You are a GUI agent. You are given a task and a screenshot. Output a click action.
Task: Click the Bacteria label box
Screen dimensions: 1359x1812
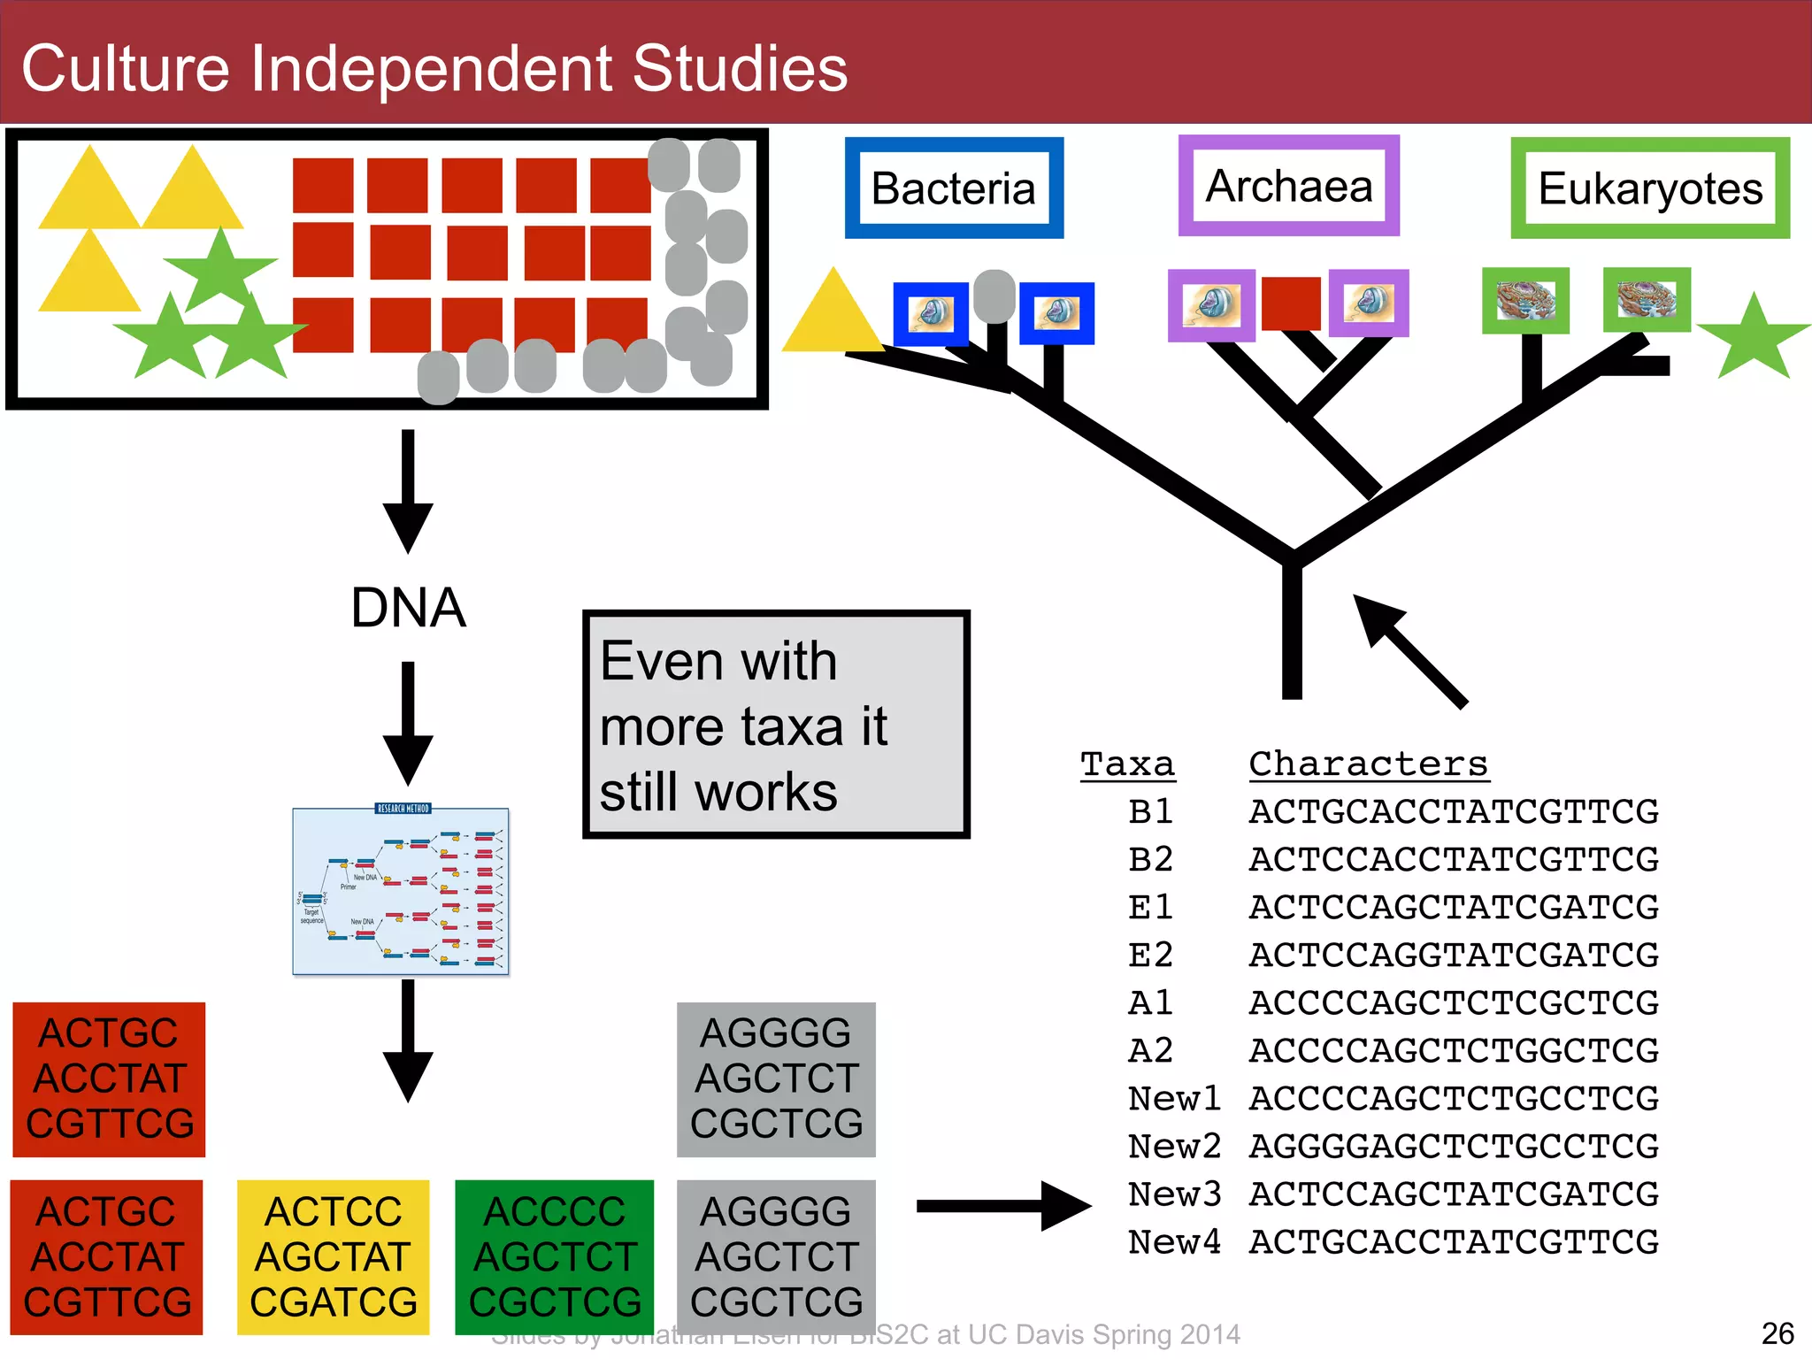point(954,188)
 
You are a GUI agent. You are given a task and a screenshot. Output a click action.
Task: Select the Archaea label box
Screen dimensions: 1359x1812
point(1288,186)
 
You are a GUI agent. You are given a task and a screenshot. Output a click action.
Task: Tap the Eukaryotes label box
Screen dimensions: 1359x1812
point(1649,188)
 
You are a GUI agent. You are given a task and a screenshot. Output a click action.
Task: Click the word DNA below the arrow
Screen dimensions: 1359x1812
point(408,608)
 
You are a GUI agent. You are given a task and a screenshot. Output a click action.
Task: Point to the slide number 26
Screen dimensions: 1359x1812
point(1777,1333)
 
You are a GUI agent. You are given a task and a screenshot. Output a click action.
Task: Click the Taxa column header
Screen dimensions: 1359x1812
point(1127,764)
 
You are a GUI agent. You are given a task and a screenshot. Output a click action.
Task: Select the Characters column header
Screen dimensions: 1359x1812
point(1368,764)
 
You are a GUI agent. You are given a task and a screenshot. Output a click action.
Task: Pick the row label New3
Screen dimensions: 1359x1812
point(1174,1194)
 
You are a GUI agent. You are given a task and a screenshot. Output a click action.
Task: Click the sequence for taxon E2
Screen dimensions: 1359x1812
point(1453,956)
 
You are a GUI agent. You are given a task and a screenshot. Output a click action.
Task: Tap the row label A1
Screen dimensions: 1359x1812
point(1150,1003)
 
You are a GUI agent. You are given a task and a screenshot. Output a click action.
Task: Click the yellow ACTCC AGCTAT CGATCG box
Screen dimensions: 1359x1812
point(334,1257)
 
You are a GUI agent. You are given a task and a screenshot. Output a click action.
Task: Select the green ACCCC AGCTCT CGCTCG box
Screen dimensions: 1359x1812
point(555,1257)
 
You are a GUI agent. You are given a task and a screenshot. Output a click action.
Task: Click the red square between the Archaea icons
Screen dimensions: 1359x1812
point(1291,303)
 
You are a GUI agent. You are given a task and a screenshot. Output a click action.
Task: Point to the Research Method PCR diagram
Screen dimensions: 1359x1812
point(401,891)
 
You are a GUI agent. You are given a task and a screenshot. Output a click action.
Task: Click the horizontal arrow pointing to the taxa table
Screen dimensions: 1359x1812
point(1003,1206)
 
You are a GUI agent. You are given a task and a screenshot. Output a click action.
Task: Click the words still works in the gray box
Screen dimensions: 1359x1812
point(718,792)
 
